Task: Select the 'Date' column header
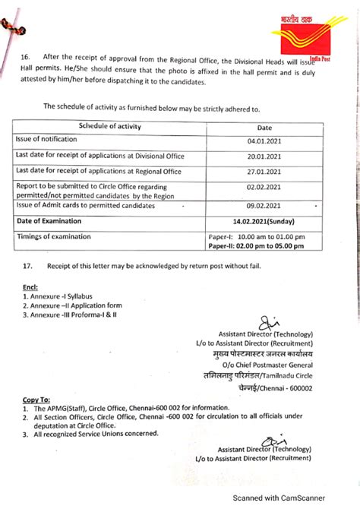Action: pyautogui.click(x=264, y=128)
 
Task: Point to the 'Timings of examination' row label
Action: pyautogui.click(x=52, y=236)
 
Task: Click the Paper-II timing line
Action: pyautogui.click(x=257, y=246)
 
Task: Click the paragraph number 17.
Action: pyautogui.click(x=28, y=267)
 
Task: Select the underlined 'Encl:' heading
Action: pyautogui.click(x=30, y=287)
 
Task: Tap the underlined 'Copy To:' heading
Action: pyautogui.click(x=36, y=399)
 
